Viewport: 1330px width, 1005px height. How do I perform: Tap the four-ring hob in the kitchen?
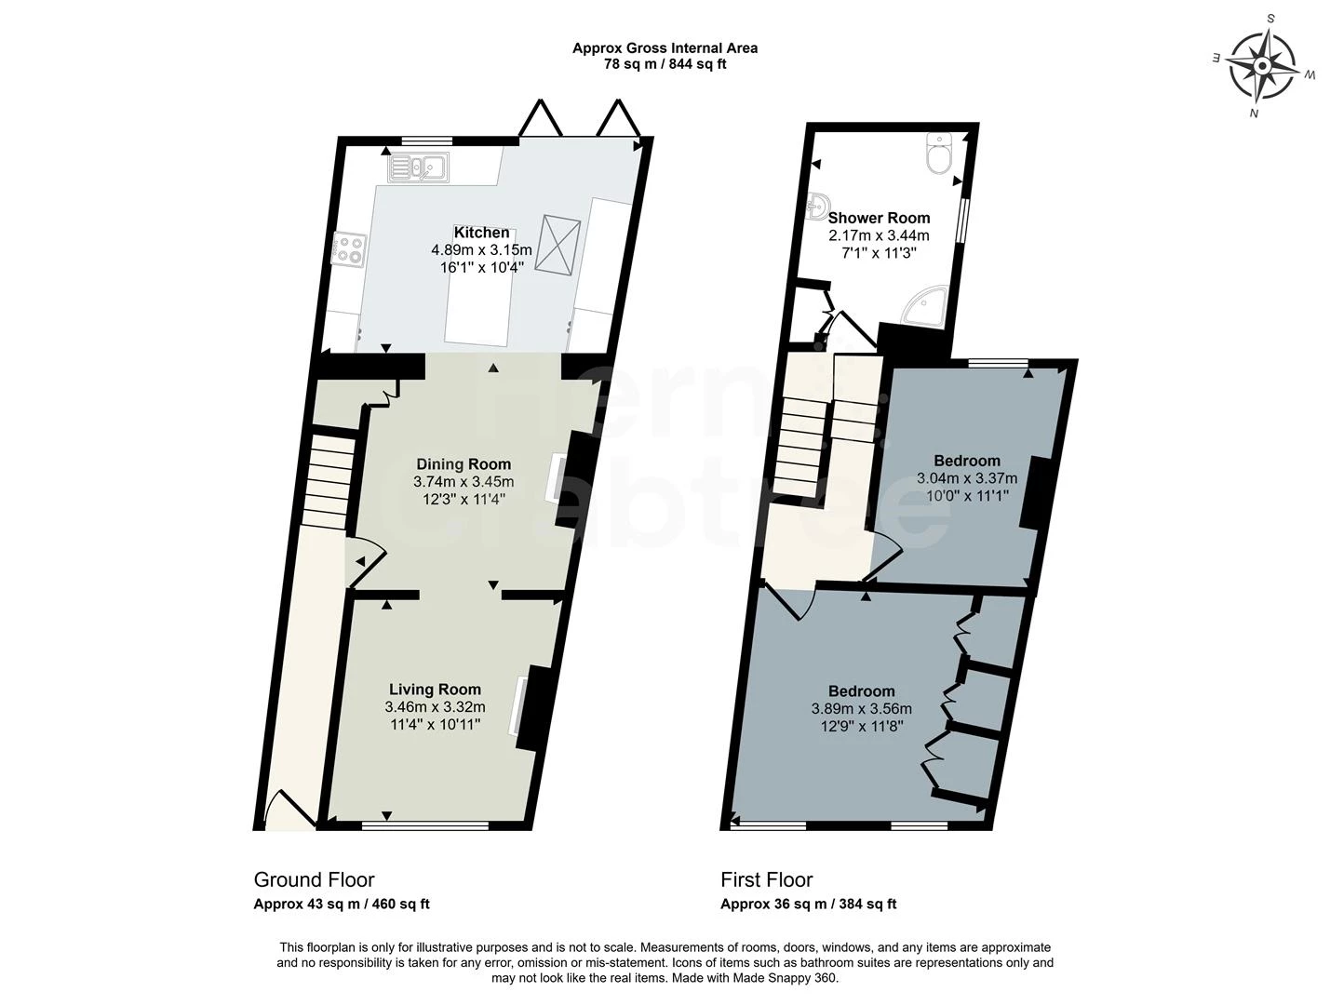[350, 248]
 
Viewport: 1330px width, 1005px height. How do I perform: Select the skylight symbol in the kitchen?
[562, 245]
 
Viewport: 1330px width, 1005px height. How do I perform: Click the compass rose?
[1261, 66]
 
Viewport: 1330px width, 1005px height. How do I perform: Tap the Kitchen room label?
[481, 233]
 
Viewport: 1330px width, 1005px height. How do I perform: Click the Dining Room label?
[463, 464]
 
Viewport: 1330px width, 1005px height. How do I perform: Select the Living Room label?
[435, 690]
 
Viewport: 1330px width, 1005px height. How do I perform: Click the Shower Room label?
[879, 219]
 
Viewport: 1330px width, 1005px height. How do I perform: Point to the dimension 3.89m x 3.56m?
[861, 708]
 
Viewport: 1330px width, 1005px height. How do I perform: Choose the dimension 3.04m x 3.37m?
[967, 478]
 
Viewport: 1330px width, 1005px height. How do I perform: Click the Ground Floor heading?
[314, 880]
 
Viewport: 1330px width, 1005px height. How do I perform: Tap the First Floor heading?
[766, 880]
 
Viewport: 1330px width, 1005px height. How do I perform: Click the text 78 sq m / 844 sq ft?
[665, 64]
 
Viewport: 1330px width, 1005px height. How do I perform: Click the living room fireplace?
[528, 707]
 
